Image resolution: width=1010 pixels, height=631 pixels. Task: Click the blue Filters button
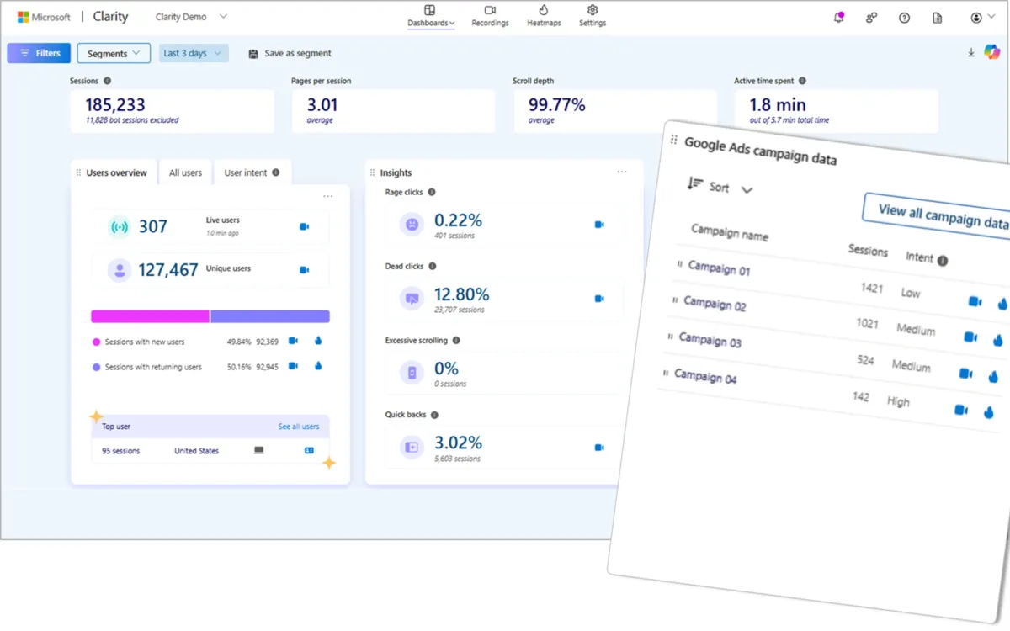pyautogui.click(x=39, y=53)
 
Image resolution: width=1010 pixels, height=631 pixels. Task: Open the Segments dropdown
pyautogui.click(x=114, y=53)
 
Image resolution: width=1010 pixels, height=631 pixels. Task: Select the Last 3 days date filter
pyautogui.click(x=194, y=53)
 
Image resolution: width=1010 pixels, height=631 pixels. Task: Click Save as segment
pyautogui.click(x=290, y=53)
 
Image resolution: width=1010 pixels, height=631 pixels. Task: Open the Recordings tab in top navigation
pyautogui.click(x=490, y=16)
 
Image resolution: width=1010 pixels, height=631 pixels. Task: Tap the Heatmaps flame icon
pyautogui.click(x=544, y=10)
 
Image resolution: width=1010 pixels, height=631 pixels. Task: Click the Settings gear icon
pyautogui.click(x=593, y=10)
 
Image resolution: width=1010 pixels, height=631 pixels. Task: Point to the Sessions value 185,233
pyautogui.click(x=115, y=105)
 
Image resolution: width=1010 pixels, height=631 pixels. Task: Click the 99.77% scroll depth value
pyautogui.click(x=556, y=105)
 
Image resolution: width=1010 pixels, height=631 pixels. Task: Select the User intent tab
pyautogui.click(x=251, y=172)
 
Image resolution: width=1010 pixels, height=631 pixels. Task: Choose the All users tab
pyautogui.click(x=185, y=172)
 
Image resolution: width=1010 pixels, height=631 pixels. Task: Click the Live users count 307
pyautogui.click(x=153, y=226)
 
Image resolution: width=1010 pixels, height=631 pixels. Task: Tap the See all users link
pyautogui.click(x=299, y=427)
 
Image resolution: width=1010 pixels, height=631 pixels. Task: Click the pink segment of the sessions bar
pyautogui.click(x=150, y=316)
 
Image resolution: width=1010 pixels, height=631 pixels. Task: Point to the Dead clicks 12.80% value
pyautogui.click(x=461, y=294)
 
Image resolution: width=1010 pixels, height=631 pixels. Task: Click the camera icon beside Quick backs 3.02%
pyautogui.click(x=599, y=448)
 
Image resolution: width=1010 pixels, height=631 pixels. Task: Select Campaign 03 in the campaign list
pyautogui.click(x=710, y=341)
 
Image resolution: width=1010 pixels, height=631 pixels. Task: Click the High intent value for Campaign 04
pyautogui.click(x=898, y=401)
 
